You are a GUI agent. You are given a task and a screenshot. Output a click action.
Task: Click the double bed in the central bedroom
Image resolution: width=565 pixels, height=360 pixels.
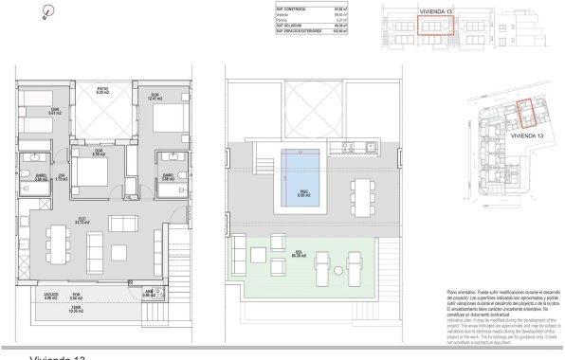92,173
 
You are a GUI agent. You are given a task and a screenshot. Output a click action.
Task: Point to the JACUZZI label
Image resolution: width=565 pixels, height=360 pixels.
51,295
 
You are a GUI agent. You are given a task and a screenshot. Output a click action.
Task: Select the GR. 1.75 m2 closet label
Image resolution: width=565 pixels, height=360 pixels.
60,178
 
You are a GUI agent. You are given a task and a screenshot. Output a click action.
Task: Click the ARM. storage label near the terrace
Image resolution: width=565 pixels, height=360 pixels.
148,294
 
